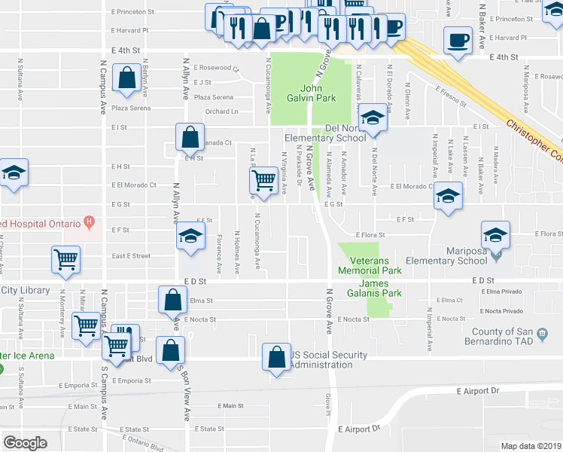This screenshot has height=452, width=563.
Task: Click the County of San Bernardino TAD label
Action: click(x=516, y=337)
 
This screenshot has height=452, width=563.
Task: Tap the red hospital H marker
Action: click(x=90, y=222)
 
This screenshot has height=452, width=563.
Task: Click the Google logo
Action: click(x=25, y=442)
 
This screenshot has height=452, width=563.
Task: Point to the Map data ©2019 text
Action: click(x=531, y=446)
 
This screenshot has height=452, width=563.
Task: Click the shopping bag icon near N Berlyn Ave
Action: click(x=126, y=78)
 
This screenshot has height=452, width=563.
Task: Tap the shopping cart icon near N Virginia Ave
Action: click(x=263, y=182)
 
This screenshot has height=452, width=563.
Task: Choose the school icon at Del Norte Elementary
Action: click(x=372, y=118)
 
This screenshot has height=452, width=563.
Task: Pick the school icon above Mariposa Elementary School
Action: click(x=495, y=235)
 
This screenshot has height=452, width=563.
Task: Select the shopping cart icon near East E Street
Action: click(x=65, y=260)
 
